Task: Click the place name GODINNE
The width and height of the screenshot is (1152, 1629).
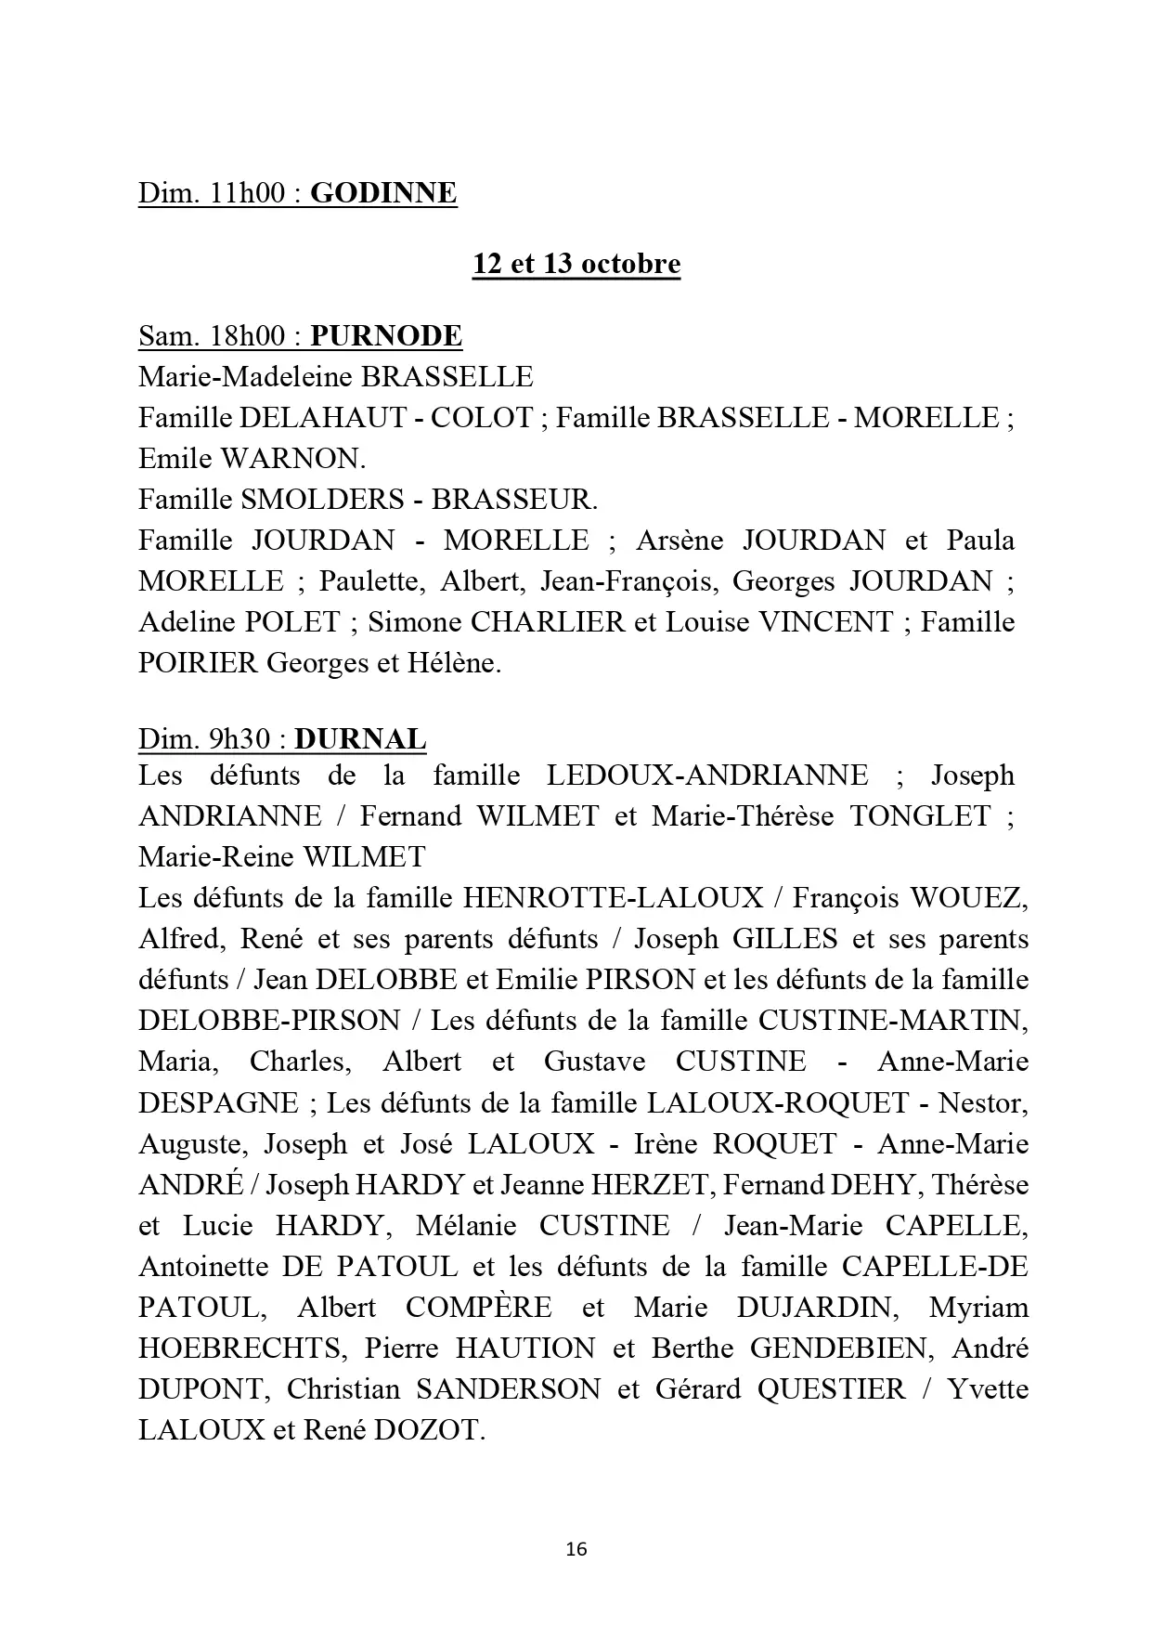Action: [x=383, y=193]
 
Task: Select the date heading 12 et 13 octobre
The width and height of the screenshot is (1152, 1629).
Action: [x=576, y=264]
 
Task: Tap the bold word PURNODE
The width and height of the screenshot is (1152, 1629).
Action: [x=386, y=335]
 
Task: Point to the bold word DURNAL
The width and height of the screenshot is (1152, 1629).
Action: [x=360, y=738]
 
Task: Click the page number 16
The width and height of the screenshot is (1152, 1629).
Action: [x=576, y=1549]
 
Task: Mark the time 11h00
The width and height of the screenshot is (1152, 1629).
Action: [x=250, y=193]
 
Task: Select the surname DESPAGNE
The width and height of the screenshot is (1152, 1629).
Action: [x=218, y=1102]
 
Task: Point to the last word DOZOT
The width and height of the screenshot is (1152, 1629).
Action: [x=429, y=1429]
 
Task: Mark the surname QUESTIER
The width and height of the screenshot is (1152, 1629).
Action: [x=831, y=1388]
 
